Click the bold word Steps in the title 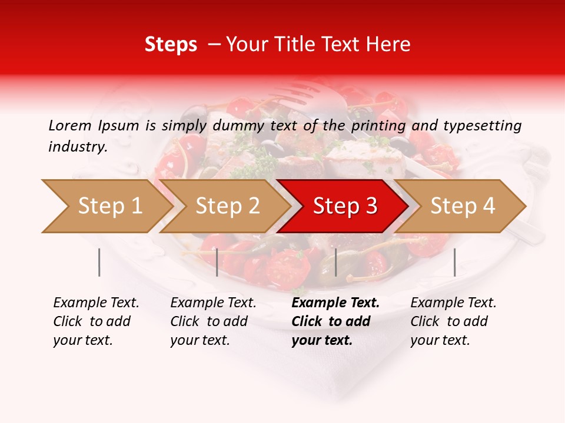tap(171, 45)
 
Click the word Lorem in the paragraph tap(69, 125)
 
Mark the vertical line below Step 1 tap(99, 262)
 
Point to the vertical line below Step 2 tap(217, 262)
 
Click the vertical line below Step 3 tap(335, 262)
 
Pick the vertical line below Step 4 tap(454, 262)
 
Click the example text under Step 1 tap(96, 321)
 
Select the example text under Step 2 tap(213, 321)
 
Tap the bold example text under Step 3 tap(335, 321)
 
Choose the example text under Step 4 tap(453, 321)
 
